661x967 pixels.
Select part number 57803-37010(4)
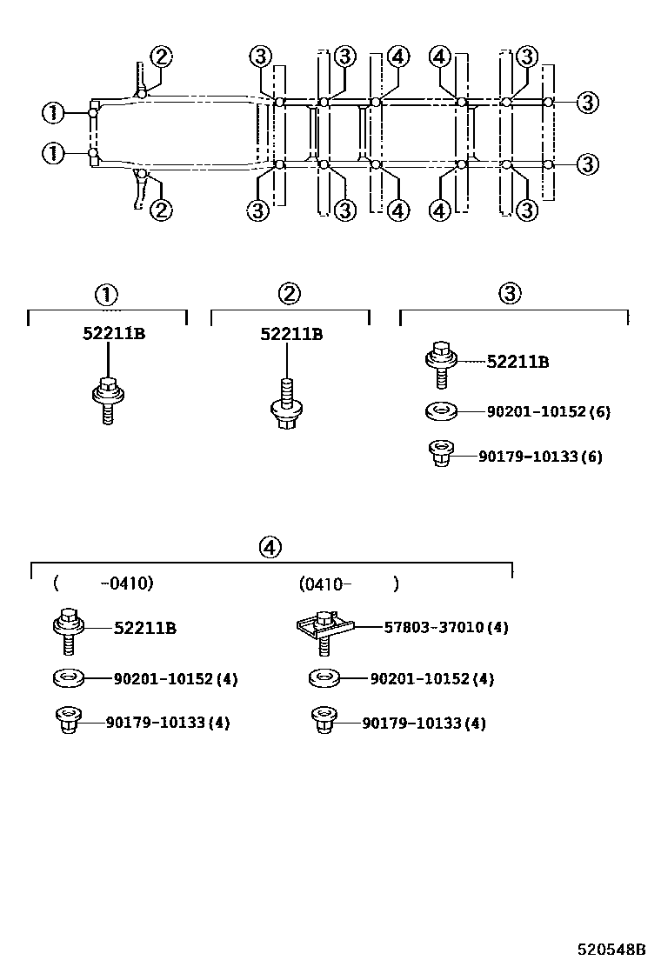446,627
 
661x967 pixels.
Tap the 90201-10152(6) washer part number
537,411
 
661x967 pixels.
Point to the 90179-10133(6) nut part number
540,457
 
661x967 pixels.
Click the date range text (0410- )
348,584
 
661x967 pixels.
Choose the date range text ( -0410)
103,584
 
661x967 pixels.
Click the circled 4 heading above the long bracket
270,547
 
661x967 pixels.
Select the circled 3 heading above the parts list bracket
510,294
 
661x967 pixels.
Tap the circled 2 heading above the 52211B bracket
290,294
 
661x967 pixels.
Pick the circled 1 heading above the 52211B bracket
107,294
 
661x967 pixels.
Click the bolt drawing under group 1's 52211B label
107,397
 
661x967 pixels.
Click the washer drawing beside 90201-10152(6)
440,410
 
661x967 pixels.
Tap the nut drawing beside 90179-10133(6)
441,453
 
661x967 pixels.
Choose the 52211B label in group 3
517,362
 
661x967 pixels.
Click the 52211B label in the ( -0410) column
145,628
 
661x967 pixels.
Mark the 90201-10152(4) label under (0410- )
431,678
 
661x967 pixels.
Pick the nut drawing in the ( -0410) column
68,721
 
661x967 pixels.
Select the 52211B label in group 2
291,334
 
